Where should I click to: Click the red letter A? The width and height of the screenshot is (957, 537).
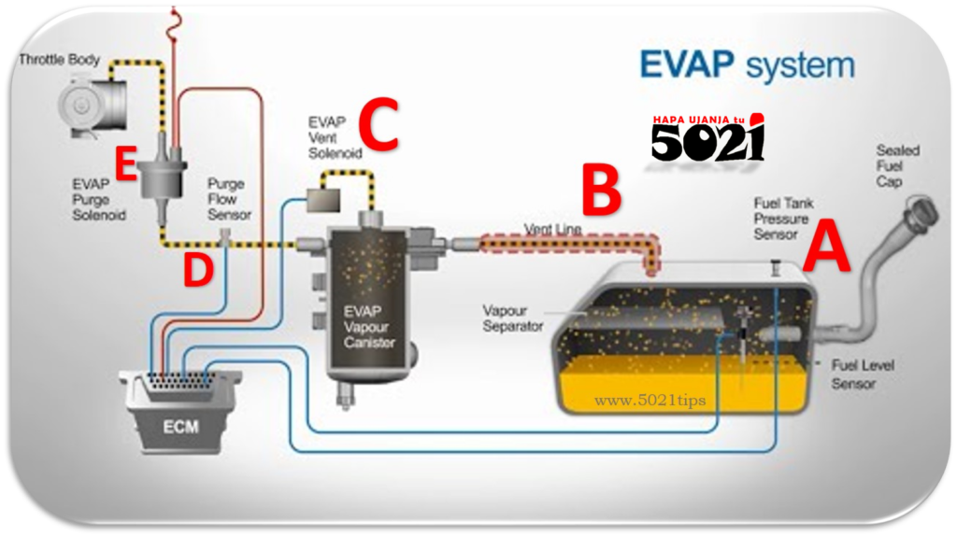[x=828, y=245]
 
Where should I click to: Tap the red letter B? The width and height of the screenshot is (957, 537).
[x=600, y=191]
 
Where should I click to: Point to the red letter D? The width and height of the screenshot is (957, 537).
[x=197, y=271]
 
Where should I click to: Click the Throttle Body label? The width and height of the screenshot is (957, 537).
[x=58, y=60]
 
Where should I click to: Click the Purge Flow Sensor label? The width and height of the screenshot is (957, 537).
[x=228, y=199]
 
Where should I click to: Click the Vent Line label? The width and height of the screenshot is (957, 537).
[x=553, y=229]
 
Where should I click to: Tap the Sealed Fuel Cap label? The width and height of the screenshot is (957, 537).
[x=897, y=165]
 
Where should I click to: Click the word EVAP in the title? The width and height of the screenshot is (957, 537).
[x=688, y=65]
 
